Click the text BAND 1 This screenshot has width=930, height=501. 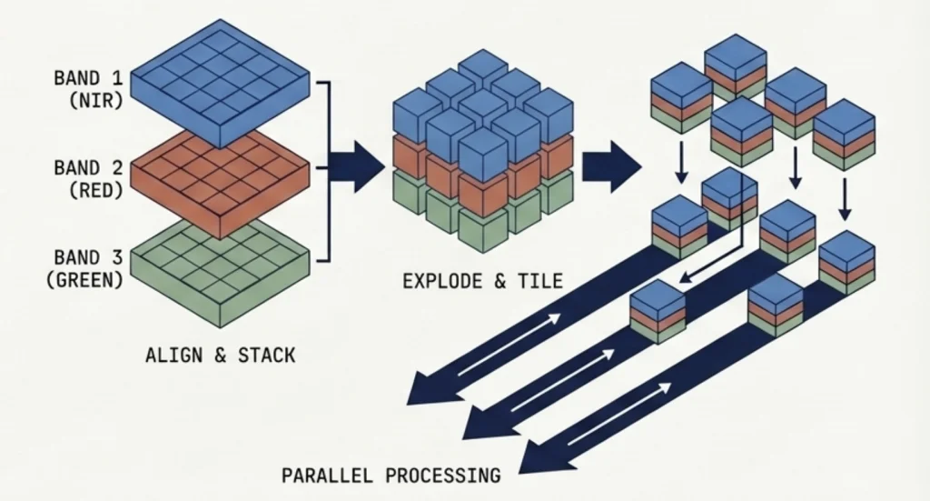(x=88, y=78)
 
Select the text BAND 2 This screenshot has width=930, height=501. (x=88, y=168)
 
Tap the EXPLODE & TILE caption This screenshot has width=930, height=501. (x=482, y=282)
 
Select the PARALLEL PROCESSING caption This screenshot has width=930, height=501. (x=391, y=475)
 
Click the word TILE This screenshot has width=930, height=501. (x=541, y=282)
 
